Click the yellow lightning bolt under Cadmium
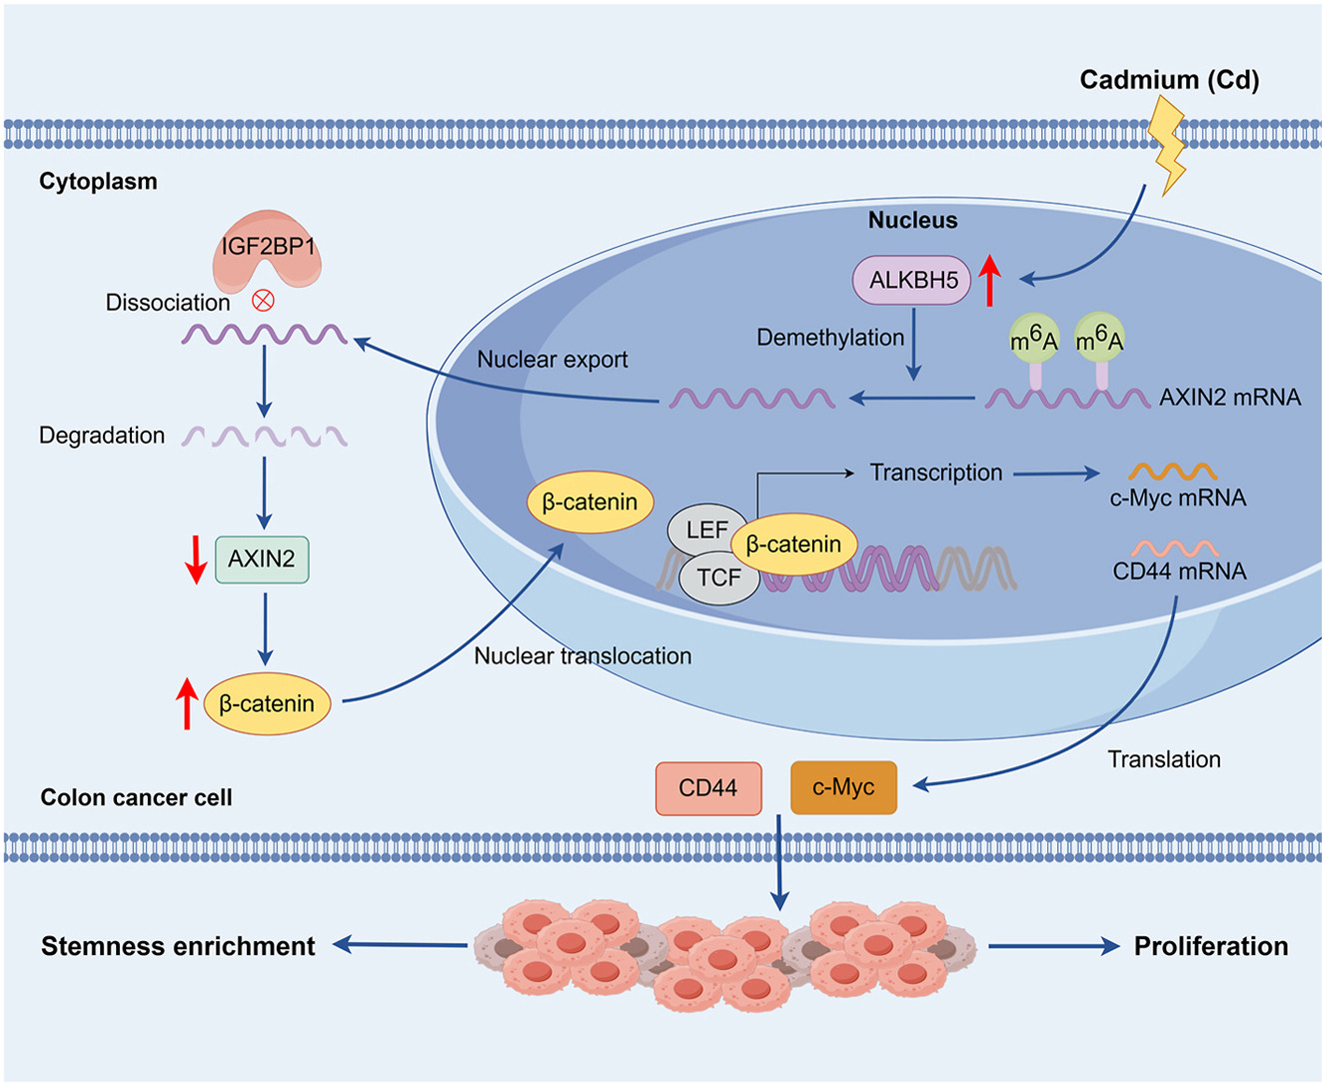(x=1168, y=145)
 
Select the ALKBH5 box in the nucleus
(x=912, y=281)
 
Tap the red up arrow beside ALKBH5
(x=989, y=281)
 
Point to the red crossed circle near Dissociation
(x=263, y=301)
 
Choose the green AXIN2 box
(x=262, y=559)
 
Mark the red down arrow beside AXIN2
(x=196, y=559)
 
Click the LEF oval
(x=706, y=530)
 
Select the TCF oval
(x=718, y=578)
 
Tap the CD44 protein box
(x=708, y=788)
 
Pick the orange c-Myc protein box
(x=843, y=788)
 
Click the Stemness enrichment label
(x=178, y=946)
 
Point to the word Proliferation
(x=1210, y=946)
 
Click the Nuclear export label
(x=552, y=360)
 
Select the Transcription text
(x=935, y=473)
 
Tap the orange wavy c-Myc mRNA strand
(x=1173, y=472)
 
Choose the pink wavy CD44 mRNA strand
(x=1175, y=548)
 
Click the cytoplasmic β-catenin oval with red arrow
(x=267, y=703)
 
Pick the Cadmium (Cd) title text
(x=1169, y=80)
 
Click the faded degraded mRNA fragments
(x=265, y=437)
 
